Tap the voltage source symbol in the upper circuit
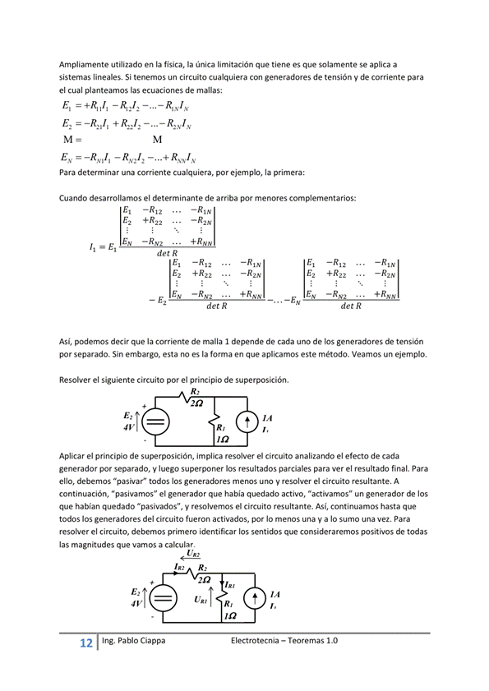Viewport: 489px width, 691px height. point(156,422)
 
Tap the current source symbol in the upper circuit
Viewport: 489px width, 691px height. point(247,422)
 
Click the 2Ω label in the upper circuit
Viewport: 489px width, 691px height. point(196,403)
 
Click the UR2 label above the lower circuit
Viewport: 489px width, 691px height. point(193,554)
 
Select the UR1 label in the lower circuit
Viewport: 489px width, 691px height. point(201,600)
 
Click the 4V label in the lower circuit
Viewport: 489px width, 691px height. point(136,603)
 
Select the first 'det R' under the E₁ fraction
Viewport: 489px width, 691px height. point(168,253)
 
